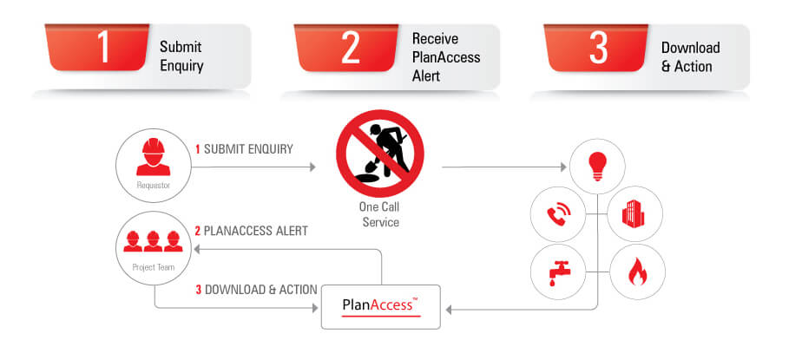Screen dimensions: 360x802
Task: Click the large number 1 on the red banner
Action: (103, 48)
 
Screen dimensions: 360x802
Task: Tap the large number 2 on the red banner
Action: (350, 49)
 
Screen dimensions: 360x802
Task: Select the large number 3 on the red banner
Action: (598, 48)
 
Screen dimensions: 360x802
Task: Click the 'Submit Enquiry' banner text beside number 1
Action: (182, 56)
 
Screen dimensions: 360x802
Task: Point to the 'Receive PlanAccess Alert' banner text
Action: (445, 57)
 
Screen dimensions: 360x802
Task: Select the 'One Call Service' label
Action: (379, 215)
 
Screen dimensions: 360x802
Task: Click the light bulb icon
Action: (597, 166)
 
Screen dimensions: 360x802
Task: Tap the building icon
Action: (635, 213)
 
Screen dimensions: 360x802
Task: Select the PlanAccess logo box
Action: (381, 306)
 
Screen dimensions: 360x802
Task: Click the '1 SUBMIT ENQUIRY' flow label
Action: (244, 149)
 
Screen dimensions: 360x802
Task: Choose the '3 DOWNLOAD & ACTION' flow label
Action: (255, 289)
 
